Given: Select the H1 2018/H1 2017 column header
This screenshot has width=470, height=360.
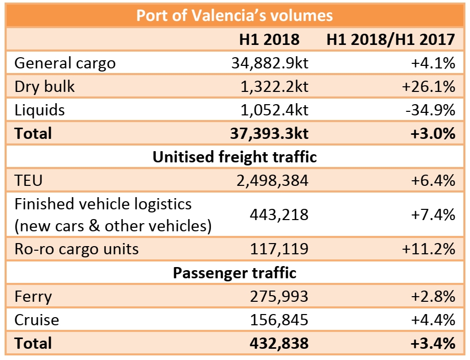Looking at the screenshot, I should pos(391,39).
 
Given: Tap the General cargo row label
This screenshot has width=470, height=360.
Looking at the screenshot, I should pos(65,63).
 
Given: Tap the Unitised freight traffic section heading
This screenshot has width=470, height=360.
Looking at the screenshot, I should pos(234,157).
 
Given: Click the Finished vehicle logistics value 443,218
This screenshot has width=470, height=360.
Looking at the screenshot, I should pos(279,215).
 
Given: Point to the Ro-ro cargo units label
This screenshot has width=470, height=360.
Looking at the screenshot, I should pos(76,249).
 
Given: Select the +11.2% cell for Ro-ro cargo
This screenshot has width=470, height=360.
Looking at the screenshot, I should pos(428,249).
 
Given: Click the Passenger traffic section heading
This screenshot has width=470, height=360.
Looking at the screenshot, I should pos(234,273).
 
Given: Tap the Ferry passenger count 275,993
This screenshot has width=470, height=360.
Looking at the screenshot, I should pos(279,296).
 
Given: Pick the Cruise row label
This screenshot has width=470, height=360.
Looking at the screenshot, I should pos(37,320).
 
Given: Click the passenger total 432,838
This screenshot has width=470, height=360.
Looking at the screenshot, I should pos(279,343).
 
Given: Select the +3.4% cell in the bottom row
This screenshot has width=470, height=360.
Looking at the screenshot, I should pos(432,343).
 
